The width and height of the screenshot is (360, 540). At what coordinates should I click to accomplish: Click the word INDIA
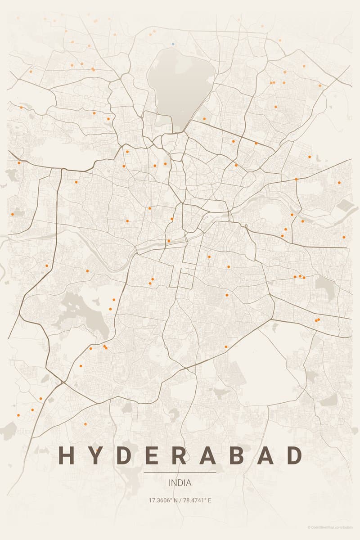point(180,483)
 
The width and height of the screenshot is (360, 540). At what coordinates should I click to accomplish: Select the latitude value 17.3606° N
point(163,500)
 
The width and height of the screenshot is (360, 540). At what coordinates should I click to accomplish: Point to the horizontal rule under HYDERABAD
point(180,472)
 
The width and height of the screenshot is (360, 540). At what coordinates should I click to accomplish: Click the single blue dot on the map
point(173,44)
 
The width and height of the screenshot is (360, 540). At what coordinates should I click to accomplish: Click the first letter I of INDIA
point(170,483)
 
